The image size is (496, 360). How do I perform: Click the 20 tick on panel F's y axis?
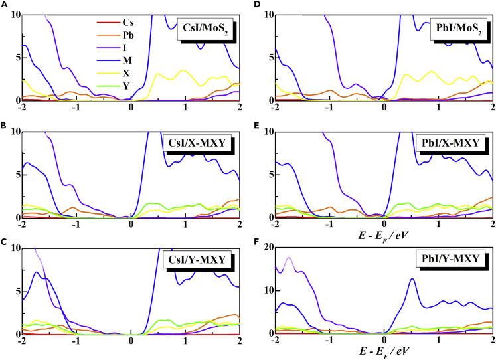coord(265,248)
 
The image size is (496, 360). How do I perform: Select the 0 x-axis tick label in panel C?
coord(131,343)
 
